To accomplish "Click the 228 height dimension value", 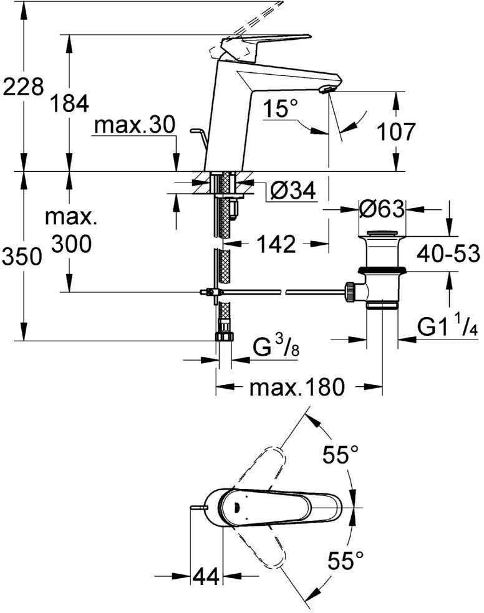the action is (x=23, y=87).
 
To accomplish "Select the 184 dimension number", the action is (x=70, y=103).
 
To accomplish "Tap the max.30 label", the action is (x=135, y=125).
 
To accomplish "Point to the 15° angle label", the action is (x=280, y=108).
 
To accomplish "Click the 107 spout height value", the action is (x=395, y=131).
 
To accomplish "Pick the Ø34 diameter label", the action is (x=293, y=191).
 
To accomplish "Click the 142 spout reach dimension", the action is (x=276, y=244).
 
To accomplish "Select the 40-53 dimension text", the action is (x=448, y=254).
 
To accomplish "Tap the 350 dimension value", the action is (x=22, y=257).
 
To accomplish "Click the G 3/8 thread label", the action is (x=276, y=346).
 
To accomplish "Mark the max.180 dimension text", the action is (x=297, y=387).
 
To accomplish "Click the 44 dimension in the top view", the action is (x=206, y=576).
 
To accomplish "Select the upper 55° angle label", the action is (x=341, y=454).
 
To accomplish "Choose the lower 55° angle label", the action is (x=346, y=560).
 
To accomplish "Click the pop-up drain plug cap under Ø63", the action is (x=382, y=234).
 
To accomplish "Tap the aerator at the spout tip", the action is (x=325, y=90).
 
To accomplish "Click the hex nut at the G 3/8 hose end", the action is (x=224, y=336).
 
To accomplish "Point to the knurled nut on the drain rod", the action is (x=349, y=292).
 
